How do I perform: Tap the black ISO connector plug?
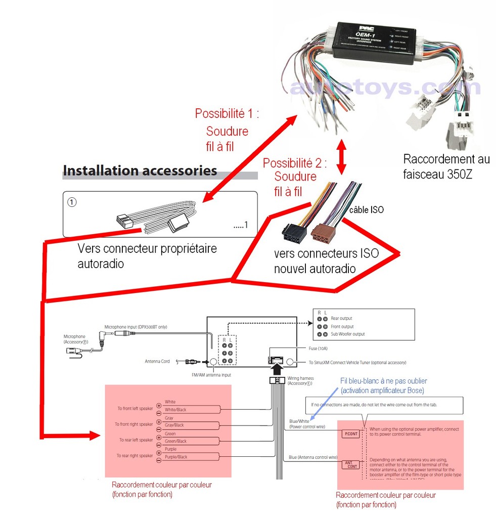294,235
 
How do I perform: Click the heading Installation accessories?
140,170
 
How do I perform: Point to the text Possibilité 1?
227,113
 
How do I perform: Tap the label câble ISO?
367,209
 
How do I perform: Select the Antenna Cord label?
157,361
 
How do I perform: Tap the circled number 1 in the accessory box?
72,201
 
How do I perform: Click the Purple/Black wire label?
175,457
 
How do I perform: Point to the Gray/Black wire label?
174,425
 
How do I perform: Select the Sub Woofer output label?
347,334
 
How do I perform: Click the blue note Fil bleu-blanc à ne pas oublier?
384,385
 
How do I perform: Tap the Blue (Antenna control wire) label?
313,457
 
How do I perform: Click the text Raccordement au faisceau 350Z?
446,166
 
